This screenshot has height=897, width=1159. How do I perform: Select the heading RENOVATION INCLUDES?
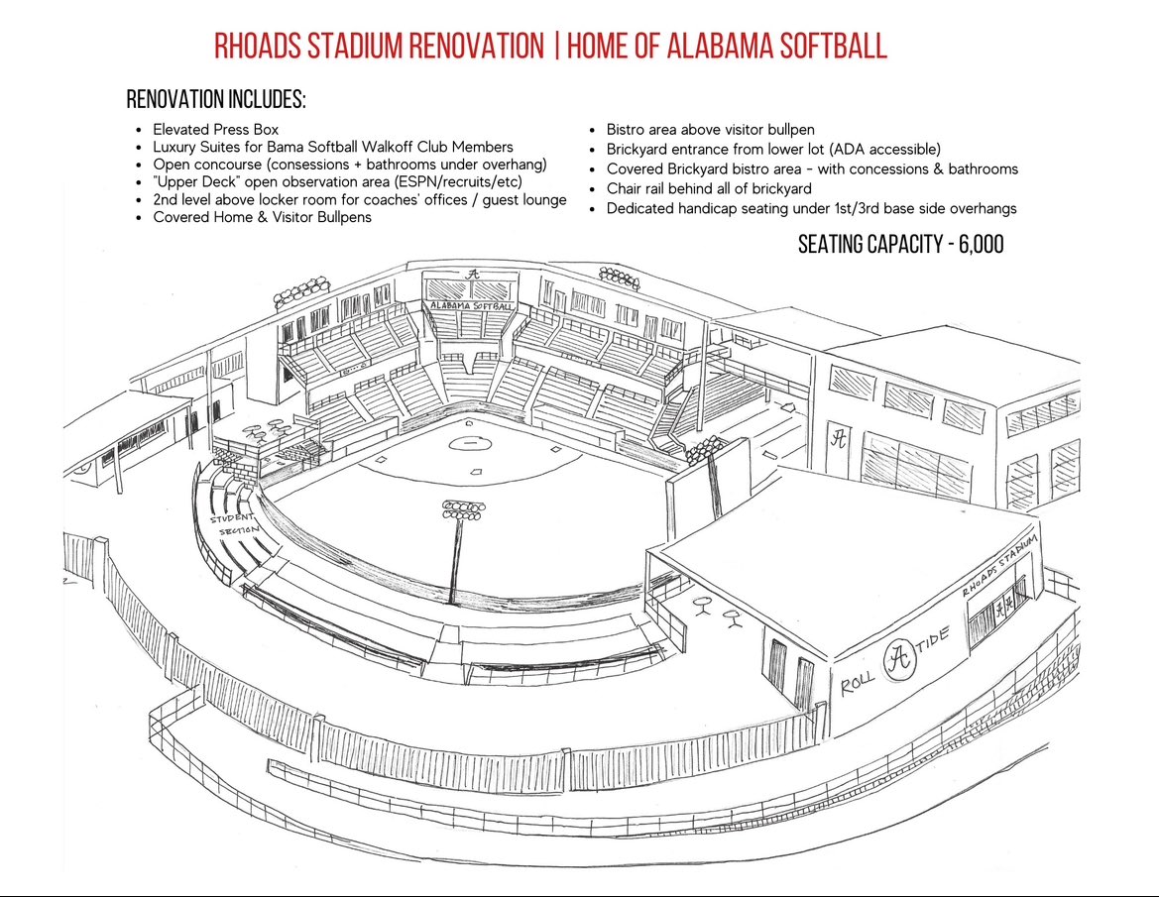pos(216,100)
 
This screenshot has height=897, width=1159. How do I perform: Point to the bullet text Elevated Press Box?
pos(215,129)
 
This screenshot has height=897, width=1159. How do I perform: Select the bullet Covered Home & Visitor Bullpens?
pos(262,216)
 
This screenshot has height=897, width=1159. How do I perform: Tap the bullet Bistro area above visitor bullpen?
pos(710,129)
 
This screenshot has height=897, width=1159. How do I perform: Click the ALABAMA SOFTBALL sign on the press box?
pos(472,307)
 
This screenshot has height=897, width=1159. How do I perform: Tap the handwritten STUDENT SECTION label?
pos(234,523)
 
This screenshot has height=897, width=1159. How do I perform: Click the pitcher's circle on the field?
pos(468,442)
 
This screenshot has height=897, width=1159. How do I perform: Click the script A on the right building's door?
pos(839,437)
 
